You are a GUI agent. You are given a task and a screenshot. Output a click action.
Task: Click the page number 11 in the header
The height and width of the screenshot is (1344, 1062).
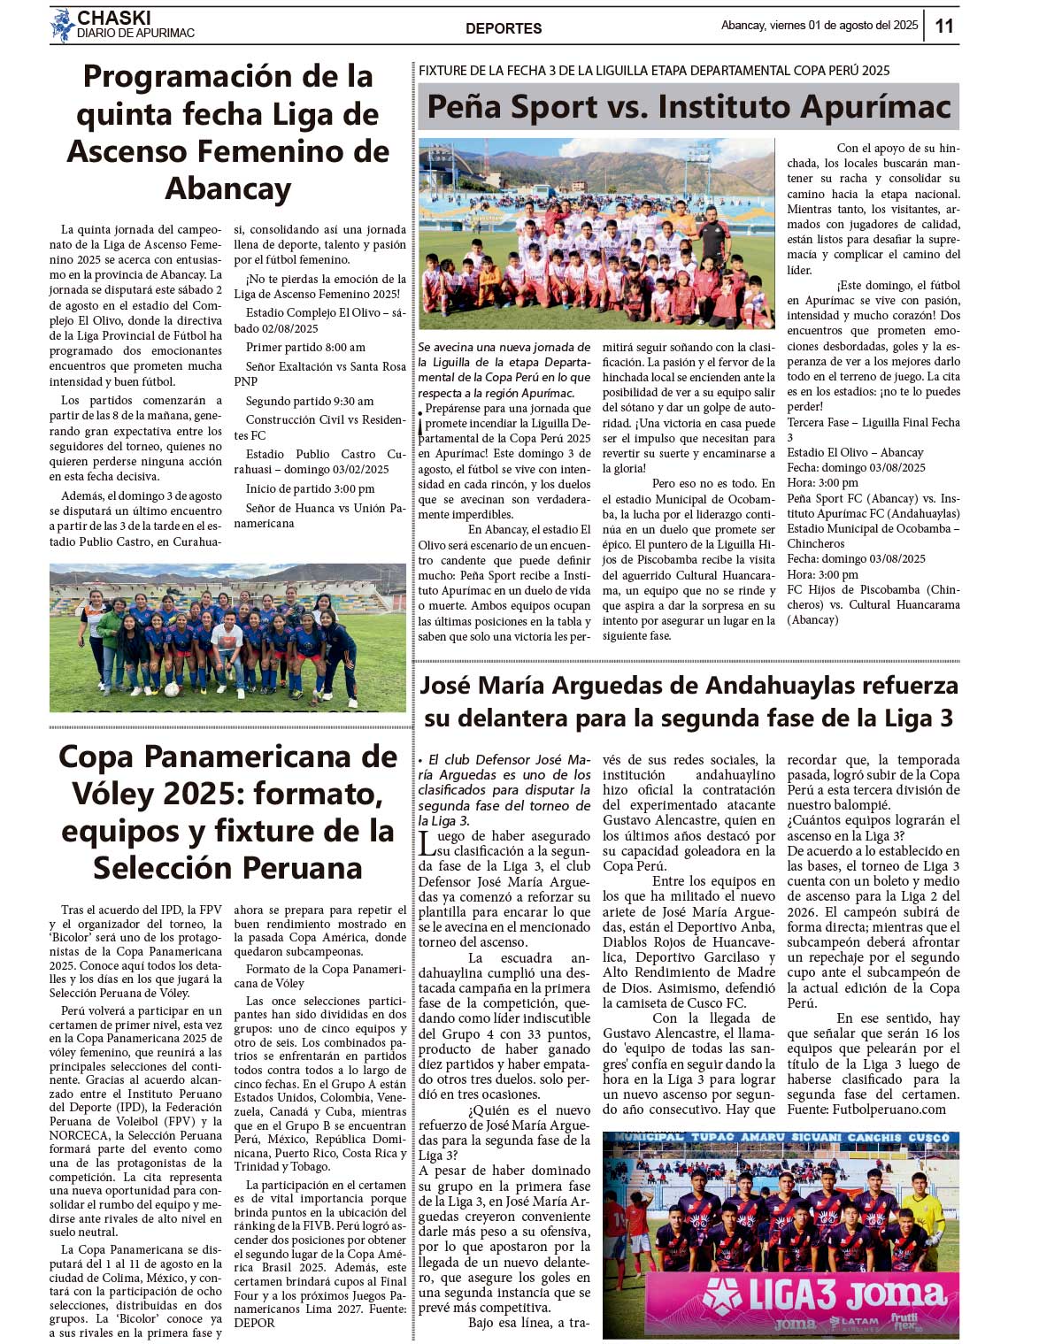pyautogui.click(x=944, y=26)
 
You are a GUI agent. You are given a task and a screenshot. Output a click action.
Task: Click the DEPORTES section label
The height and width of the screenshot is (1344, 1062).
pyautogui.click(x=504, y=28)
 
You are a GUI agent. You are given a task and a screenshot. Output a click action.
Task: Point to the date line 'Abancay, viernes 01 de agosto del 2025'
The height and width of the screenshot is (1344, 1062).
pyautogui.click(x=820, y=26)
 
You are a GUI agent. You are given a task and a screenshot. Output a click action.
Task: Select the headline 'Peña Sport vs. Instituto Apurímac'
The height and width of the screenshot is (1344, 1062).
pyautogui.click(x=689, y=107)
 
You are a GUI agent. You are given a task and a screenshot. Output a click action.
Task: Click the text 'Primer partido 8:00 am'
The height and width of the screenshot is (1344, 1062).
pyautogui.click(x=305, y=348)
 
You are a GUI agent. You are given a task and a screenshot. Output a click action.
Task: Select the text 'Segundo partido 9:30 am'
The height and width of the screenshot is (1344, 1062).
pyautogui.click(x=310, y=401)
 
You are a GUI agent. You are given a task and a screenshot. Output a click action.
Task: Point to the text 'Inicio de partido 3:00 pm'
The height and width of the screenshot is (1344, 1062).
pyautogui.click(x=310, y=488)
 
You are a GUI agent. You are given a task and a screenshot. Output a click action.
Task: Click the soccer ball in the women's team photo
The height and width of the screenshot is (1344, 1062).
pyautogui.click(x=172, y=689)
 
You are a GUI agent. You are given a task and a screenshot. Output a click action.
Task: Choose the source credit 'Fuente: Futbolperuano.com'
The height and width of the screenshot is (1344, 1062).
pyautogui.click(x=866, y=1110)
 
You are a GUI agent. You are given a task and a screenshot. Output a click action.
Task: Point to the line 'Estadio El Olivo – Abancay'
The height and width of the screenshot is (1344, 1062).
pyautogui.click(x=855, y=452)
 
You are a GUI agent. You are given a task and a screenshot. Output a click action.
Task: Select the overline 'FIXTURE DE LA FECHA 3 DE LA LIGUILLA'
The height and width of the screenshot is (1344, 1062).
pyautogui.click(x=653, y=71)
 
